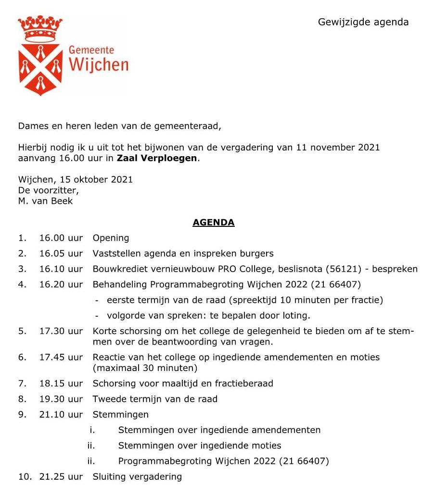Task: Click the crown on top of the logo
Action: [40, 27]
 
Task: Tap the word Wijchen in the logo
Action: [99, 64]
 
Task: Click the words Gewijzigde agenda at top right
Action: [363, 22]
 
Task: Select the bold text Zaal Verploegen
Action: [157, 158]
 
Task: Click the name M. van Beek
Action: [45, 201]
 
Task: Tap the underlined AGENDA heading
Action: [214, 223]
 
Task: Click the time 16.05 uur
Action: [61, 253]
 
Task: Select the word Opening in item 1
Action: [111, 238]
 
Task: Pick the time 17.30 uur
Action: [61, 332]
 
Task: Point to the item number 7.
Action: [21, 384]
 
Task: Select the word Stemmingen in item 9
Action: [121, 414]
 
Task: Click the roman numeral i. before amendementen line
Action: [92, 430]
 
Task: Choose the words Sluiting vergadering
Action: [137, 477]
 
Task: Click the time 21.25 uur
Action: [61, 477]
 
